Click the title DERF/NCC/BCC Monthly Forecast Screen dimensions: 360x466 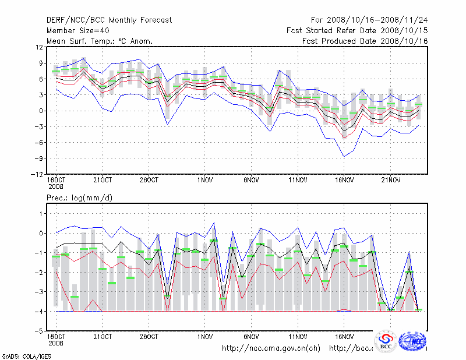tap(109, 20)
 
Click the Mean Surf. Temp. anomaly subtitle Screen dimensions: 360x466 tap(100, 41)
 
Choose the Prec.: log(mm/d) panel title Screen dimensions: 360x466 tap(80, 198)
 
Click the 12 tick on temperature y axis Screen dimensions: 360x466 tap(38, 47)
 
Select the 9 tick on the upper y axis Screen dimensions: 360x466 tap(39, 63)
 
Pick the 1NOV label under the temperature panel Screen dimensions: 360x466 tap(204, 179)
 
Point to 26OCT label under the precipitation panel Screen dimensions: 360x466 tap(149, 336)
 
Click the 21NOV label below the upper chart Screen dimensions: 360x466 tap(390, 179)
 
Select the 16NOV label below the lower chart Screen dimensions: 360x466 tap(344, 336)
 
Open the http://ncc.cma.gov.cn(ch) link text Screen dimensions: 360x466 tap(271, 348)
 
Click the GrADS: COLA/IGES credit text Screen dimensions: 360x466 tap(18, 355)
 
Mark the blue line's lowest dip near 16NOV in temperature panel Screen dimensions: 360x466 tap(344, 156)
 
